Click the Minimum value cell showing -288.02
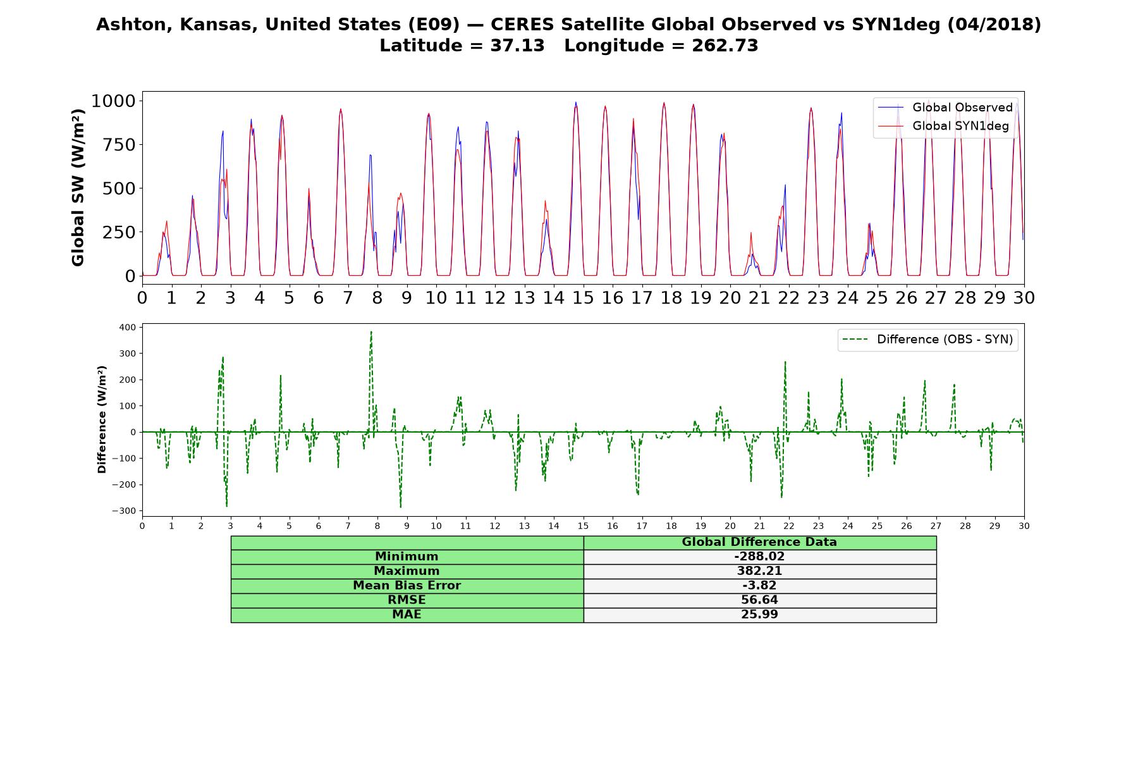759,557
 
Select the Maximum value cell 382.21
759,571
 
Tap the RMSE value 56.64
759,600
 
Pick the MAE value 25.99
759,615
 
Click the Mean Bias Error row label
407,586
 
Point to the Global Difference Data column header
759,542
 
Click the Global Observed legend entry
945,108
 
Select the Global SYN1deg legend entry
943,126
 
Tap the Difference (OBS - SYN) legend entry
928,340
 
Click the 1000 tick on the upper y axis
113,101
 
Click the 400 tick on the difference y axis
127,327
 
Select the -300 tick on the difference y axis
124,511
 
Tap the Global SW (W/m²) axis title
78,188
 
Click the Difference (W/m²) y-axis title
102,420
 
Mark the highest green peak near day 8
371,331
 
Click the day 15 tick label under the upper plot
583,297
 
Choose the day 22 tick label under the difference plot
788,526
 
